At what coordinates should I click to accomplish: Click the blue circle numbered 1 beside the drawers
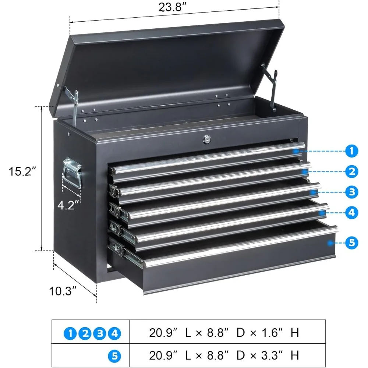click(352, 151)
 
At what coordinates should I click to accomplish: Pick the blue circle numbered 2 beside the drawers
click(352, 171)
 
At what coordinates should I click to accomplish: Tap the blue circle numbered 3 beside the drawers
click(352, 192)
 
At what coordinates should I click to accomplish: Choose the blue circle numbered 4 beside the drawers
click(352, 212)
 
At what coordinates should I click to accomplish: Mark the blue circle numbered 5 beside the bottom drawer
click(352, 243)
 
